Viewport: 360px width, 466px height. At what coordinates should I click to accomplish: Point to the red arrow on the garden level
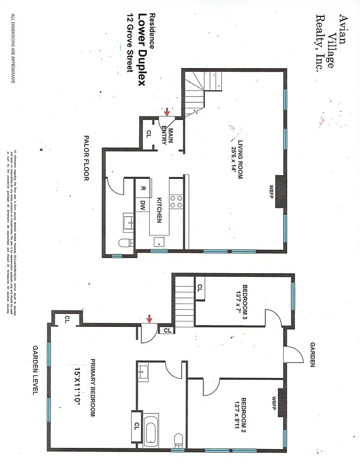(x=150, y=319)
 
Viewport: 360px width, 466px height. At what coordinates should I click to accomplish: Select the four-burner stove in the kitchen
(x=176, y=202)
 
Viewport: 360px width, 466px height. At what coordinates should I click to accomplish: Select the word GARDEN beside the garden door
(x=312, y=354)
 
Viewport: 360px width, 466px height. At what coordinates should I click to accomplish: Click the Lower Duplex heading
(x=140, y=50)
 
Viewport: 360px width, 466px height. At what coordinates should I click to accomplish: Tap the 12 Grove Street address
(x=129, y=43)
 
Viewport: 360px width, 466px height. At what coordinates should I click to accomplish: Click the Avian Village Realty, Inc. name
(x=329, y=43)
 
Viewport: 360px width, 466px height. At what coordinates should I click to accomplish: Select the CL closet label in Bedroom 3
(x=200, y=288)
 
